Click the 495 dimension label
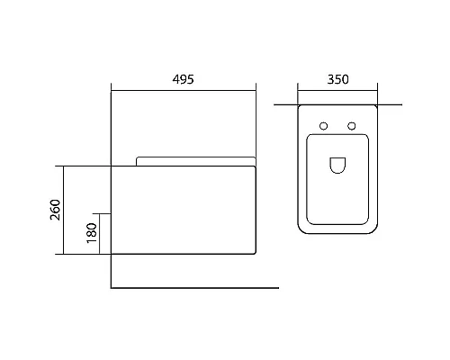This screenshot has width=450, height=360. click(184, 78)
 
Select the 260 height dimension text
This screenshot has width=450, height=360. click(54, 211)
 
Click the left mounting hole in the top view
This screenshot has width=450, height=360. click(322, 124)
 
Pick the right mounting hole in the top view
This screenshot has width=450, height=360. click(352, 124)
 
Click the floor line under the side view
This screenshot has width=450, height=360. click(193, 288)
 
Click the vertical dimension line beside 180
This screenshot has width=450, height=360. click(101, 234)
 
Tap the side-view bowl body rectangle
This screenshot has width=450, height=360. click(184, 211)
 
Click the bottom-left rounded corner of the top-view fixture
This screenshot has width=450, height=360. click(301, 229)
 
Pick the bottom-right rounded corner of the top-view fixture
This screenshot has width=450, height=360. click(374, 229)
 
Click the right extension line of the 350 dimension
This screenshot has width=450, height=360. click(378, 94)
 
